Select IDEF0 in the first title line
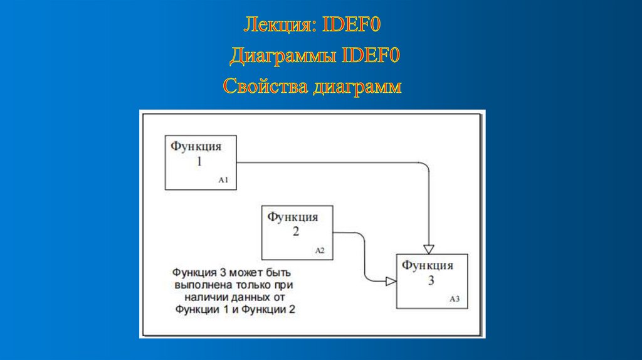pyautogui.click(x=352, y=26)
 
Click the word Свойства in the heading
pyautogui.click(x=263, y=86)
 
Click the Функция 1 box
pyautogui.click(x=201, y=162)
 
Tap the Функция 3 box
pyautogui.click(x=431, y=280)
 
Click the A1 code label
pyautogui.click(x=223, y=180)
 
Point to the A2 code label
pyautogui.click(x=320, y=250)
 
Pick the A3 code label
pyautogui.click(x=455, y=299)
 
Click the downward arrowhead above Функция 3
pyautogui.click(x=429, y=247)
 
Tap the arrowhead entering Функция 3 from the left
pyautogui.click(x=391, y=282)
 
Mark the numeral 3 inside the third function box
pyautogui.click(x=431, y=280)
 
